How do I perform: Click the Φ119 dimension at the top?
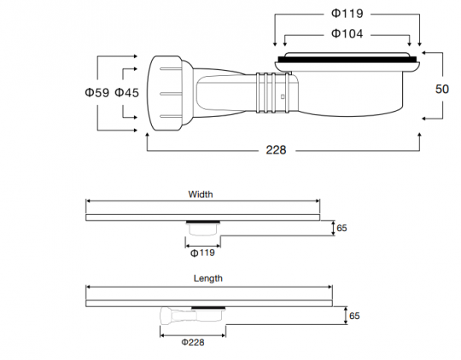[347, 14]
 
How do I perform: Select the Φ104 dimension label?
[347, 33]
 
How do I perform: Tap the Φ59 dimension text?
[97, 93]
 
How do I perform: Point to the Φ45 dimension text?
[126, 93]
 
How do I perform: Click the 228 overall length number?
[276, 150]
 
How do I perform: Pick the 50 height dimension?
[442, 89]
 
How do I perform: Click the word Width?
[201, 195]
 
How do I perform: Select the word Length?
[208, 278]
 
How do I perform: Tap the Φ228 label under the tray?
[193, 342]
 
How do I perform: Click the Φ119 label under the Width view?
[202, 253]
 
